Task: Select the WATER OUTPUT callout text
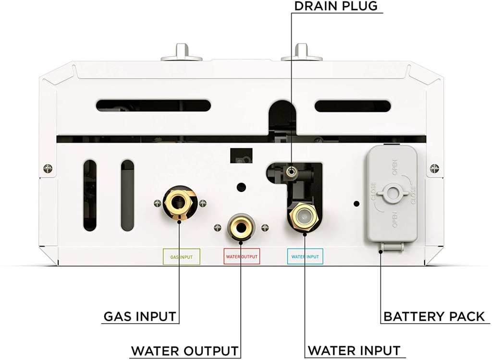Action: coord(185,350)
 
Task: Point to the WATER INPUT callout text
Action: coord(354,350)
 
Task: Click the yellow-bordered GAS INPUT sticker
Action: coord(182,257)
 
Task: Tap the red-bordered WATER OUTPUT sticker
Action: coord(242,257)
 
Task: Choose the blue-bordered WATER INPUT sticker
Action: coord(305,257)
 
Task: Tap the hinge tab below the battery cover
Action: coord(391,246)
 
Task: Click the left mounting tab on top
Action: coord(182,53)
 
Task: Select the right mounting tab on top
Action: coord(301,53)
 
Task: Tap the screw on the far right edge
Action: coord(434,168)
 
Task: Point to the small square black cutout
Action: coord(241,156)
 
